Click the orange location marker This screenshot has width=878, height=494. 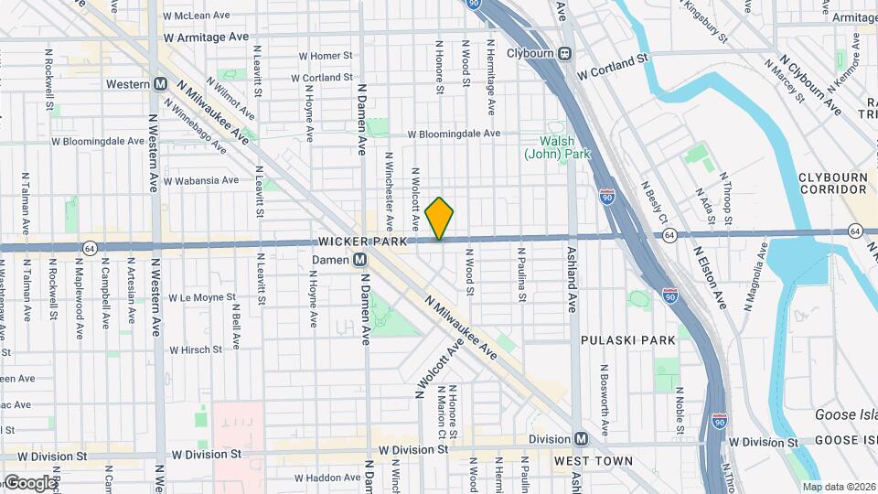[440, 219]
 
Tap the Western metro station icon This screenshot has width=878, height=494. [160, 84]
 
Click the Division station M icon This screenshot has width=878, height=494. [581, 439]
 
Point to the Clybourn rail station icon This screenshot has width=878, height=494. [566, 53]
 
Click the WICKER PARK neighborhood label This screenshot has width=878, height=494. [360, 242]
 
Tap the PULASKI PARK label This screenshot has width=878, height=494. [627, 339]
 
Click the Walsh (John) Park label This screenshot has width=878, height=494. [557, 147]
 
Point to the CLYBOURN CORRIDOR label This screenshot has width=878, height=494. [831, 182]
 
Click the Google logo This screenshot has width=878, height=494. [29, 482]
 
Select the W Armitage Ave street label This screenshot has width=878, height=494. [206, 38]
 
